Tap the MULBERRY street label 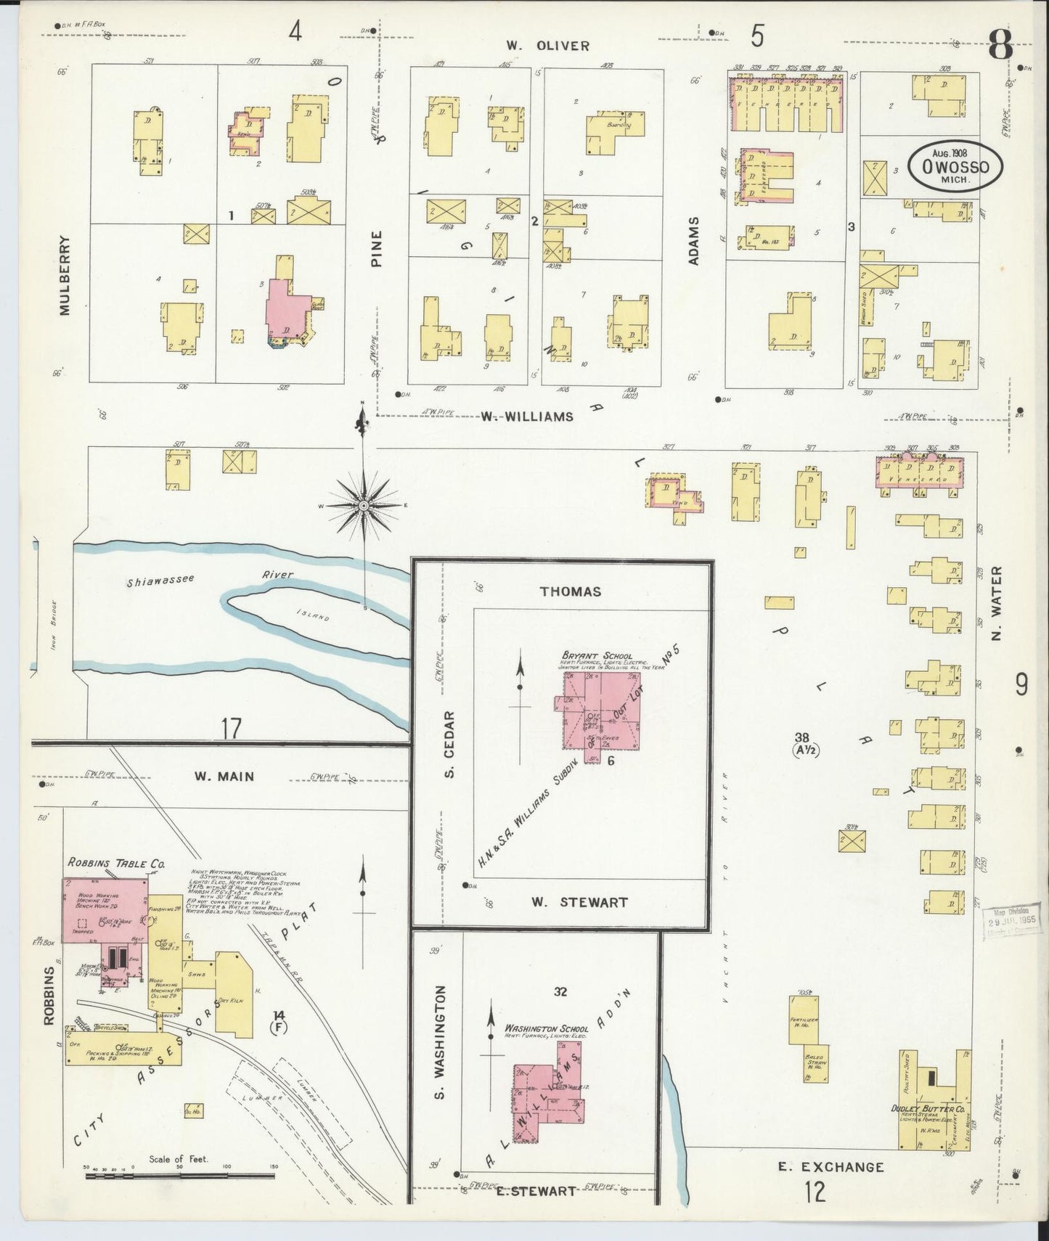pos(65,275)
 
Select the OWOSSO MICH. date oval pos(955,166)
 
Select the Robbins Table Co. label pos(116,864)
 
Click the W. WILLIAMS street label pos(526,417)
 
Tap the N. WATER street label pos(996,603)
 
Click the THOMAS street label pos(571,591)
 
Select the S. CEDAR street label pos(449,745)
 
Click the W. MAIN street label pos(224,777)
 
